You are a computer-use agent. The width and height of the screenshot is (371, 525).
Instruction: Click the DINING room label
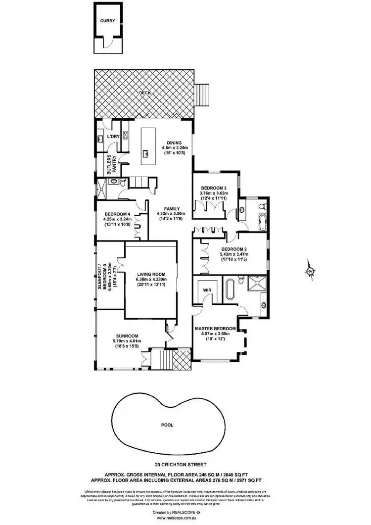pos(171,142)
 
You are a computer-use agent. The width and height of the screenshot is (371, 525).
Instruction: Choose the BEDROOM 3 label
pos(213,187)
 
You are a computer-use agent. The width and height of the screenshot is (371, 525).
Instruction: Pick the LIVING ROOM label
pos(151,274)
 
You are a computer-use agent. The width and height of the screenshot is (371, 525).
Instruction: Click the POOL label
pos(167,425)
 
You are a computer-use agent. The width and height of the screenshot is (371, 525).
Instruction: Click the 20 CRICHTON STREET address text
pos(181,465)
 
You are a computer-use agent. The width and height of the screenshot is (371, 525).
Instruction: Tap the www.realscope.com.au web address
pos(181,518)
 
